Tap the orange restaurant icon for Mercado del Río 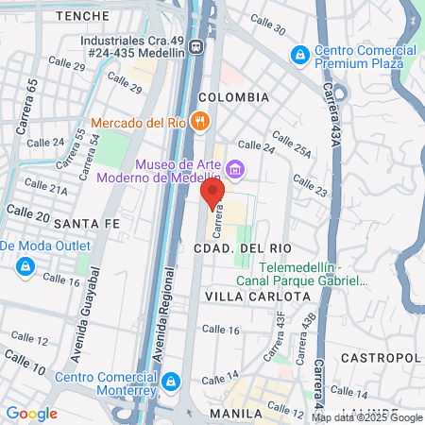pyautogui.click(x=199, y=122)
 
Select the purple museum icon pyautogui.click(x=235, y=170)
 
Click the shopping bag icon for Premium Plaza pyautogui.click(x=300, y=55)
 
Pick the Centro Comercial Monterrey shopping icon pyautogui.click(x=171, y=382)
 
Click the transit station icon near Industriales pyautogui.click(x=195, y=46)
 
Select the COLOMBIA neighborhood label pyautogui.click(x=234, y=97)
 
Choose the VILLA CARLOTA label pyautogui.click(x=258, y=296)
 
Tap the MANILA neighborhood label pyautogui.click(x=235, y=414)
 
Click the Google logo pyautogui.click(x=32, y=413)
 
